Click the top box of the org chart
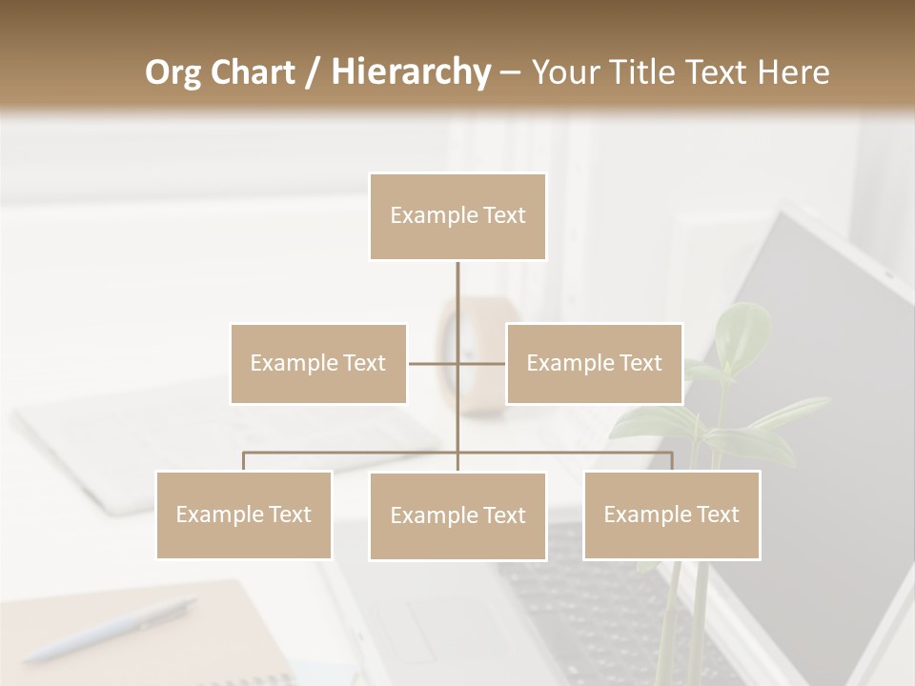tap(457, 216)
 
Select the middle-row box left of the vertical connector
tap(318, 363)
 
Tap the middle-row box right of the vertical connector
tap(594, 363)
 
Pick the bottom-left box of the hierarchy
tap(244, 514)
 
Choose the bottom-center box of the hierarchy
tap(457, 515)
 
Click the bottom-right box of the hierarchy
tap(672, 514)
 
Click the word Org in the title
tap(173, 72)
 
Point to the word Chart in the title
tap(252, 72)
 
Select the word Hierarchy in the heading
tap(410, 72)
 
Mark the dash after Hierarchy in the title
tap(509, 72)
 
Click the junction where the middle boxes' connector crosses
tap(457, 363)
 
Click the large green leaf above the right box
tap(744, 330)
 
